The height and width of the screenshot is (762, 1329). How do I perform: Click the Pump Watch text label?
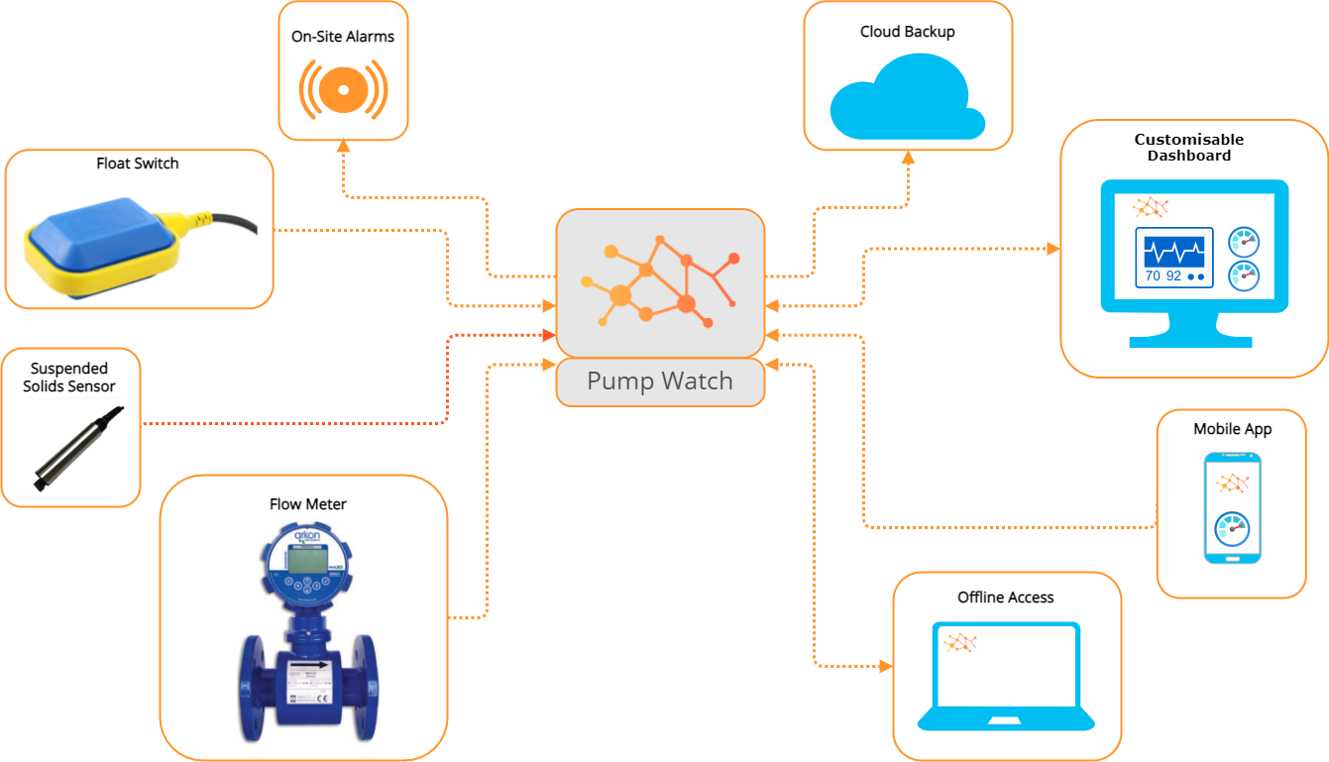660,381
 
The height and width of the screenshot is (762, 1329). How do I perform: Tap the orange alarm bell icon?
343,90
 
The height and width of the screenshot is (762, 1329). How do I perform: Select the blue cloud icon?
906,98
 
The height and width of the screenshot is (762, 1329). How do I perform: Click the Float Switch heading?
138,163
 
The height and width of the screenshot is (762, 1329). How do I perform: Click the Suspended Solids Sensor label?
69,378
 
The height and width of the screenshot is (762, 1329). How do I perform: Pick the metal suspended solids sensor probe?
79,446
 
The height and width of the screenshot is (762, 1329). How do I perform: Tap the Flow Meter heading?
308,504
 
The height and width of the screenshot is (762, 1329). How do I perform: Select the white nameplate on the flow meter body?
308,684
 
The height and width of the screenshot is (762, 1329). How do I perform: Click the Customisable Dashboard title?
1189,148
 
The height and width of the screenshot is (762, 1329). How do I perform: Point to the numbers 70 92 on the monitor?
1163,276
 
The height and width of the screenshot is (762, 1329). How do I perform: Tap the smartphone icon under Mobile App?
1232,507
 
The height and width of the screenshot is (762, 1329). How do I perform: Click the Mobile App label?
1232,429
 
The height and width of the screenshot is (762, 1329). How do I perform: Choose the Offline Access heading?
1005,598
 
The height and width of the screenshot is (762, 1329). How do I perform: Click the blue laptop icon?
1005,677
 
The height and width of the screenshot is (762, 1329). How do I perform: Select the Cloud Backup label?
907,32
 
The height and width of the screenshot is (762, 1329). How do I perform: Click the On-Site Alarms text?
343,37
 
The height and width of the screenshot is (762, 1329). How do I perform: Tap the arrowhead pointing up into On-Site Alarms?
343,146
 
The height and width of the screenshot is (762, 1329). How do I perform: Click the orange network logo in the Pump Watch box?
660,282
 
